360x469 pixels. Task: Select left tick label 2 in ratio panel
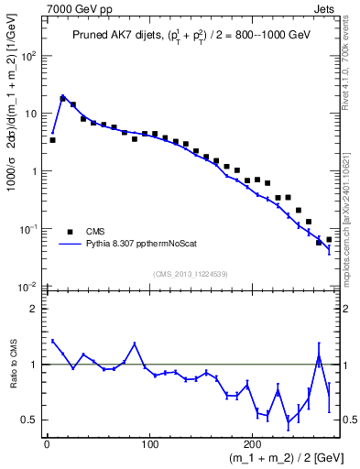tap(35, 309)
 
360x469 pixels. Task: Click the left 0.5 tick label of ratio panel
tap(30, 420)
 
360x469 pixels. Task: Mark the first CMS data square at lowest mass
tap(52, 140)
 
